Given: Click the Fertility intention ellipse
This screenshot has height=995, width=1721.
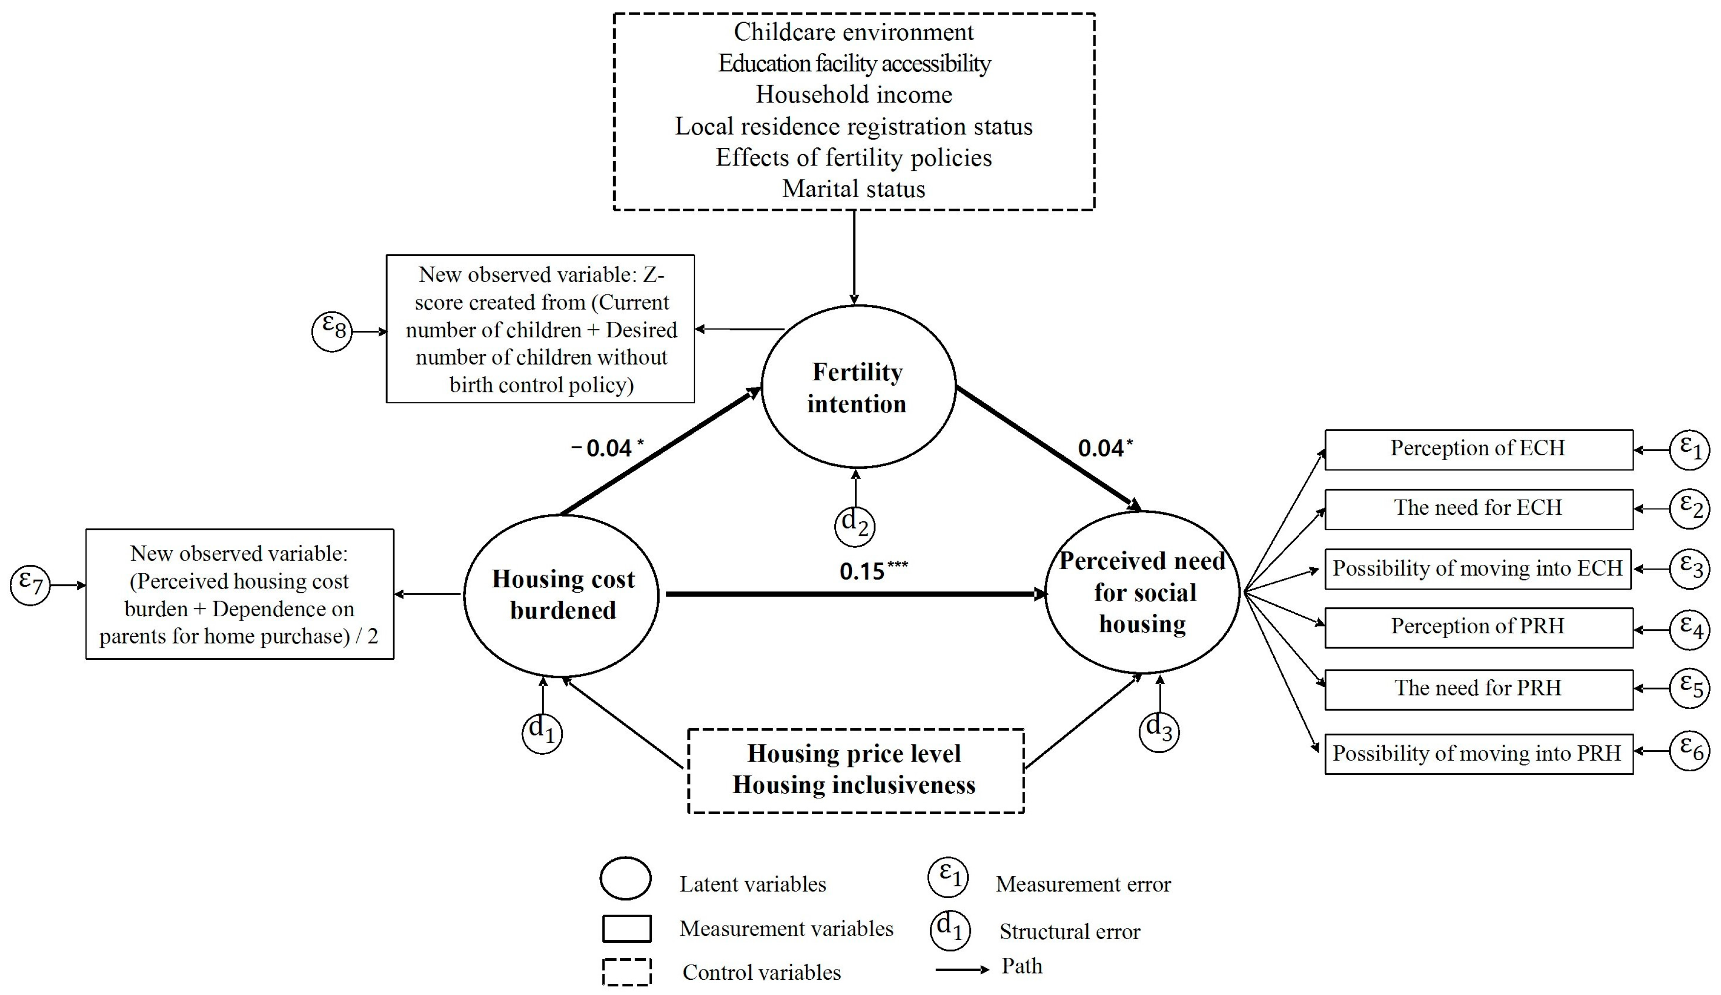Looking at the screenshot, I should click(858, 387).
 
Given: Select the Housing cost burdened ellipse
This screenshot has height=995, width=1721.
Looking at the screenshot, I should click(561, 595).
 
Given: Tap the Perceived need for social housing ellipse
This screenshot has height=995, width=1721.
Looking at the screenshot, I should click(1142, 592).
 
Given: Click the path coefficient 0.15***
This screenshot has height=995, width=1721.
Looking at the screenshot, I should click(873, 571).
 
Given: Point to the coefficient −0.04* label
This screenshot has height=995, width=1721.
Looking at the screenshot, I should click(606, 448).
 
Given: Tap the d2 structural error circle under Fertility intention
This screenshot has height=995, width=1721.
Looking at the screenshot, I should click(854, 526).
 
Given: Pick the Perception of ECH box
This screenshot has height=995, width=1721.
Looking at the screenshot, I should click(1478, 449).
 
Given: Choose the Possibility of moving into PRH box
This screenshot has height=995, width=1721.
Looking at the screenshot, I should click(1478, 754).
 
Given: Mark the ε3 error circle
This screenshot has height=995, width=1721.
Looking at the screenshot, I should click(1690, 568).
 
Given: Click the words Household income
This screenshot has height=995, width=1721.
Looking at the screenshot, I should click(854, 94).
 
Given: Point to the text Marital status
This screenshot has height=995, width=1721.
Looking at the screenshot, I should click(854, 188).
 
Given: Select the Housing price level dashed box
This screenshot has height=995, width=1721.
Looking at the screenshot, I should click(855, 770).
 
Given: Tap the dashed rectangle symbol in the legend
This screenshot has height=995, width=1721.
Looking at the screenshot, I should click(626, 972).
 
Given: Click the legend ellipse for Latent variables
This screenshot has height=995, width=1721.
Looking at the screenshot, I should click(625, 878).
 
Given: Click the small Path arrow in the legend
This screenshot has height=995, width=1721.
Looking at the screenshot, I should click(962, 969).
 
